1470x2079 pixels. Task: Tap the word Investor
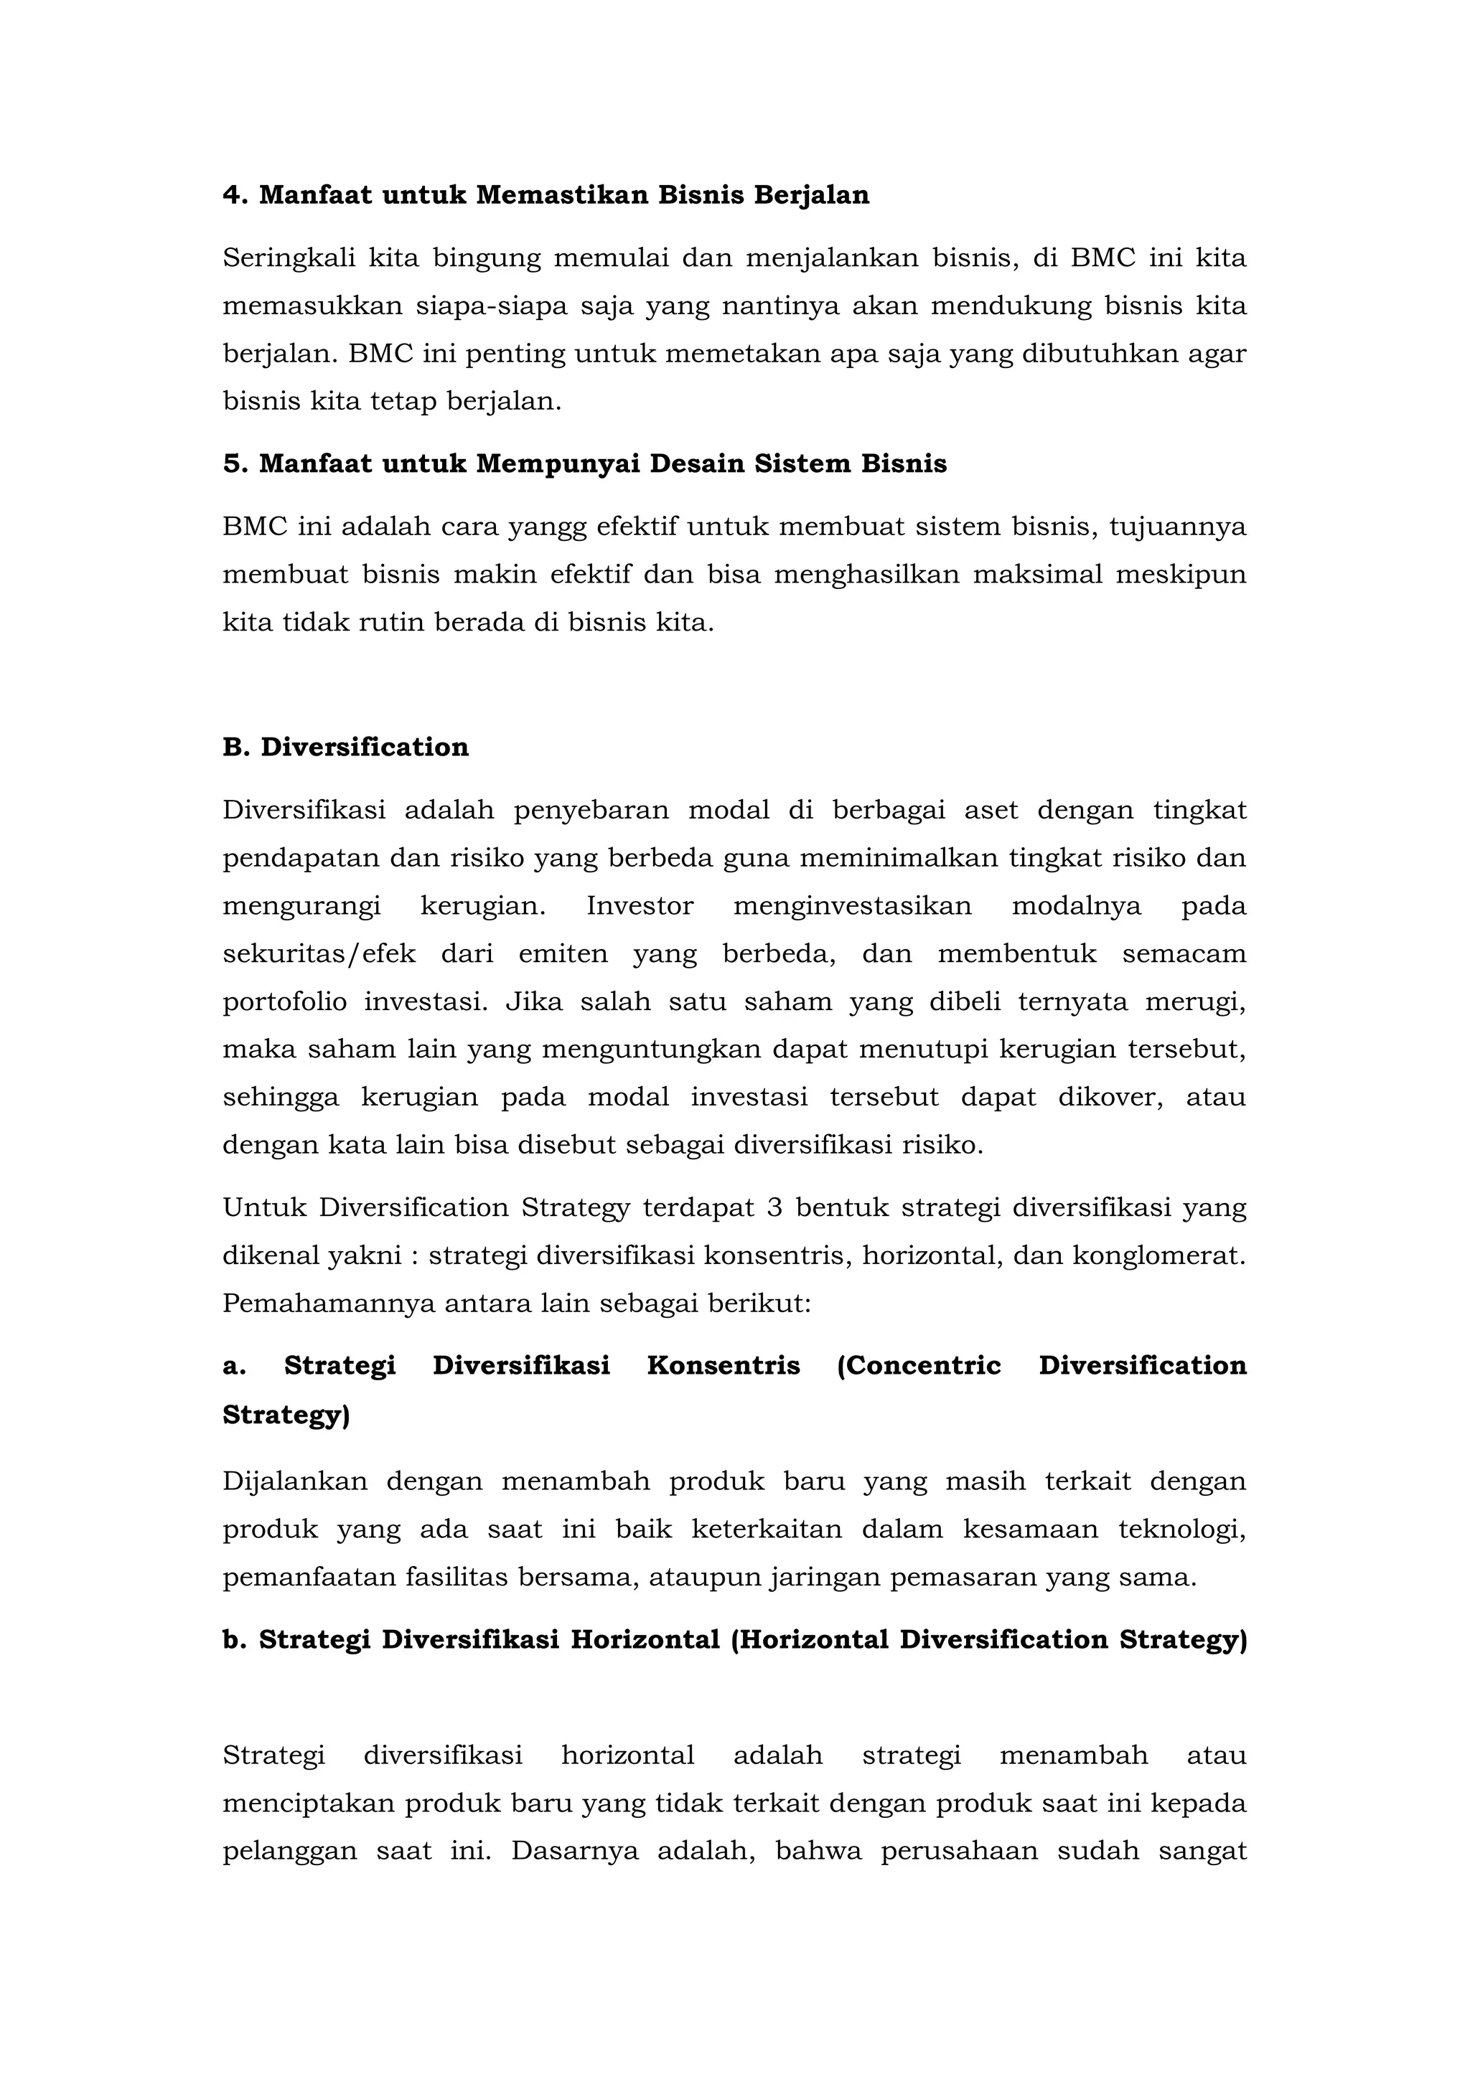640,905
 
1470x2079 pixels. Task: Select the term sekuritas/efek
319,953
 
